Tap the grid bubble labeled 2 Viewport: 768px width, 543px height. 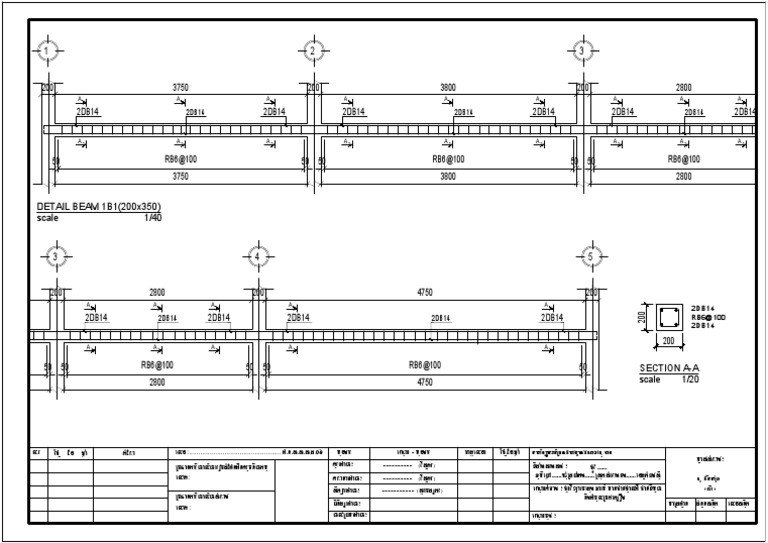312,51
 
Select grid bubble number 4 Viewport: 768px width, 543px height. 257,257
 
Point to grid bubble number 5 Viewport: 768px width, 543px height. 591,257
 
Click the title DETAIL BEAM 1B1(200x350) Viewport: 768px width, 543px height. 98,207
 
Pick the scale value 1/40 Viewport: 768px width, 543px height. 152,216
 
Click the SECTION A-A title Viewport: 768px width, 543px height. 669,369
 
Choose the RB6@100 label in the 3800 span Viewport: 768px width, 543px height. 448,159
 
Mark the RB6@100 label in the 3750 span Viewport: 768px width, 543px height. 180,159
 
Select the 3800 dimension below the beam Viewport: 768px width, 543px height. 448,176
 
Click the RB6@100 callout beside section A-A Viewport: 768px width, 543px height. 708,317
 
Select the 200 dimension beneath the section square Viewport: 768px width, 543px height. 668,342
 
